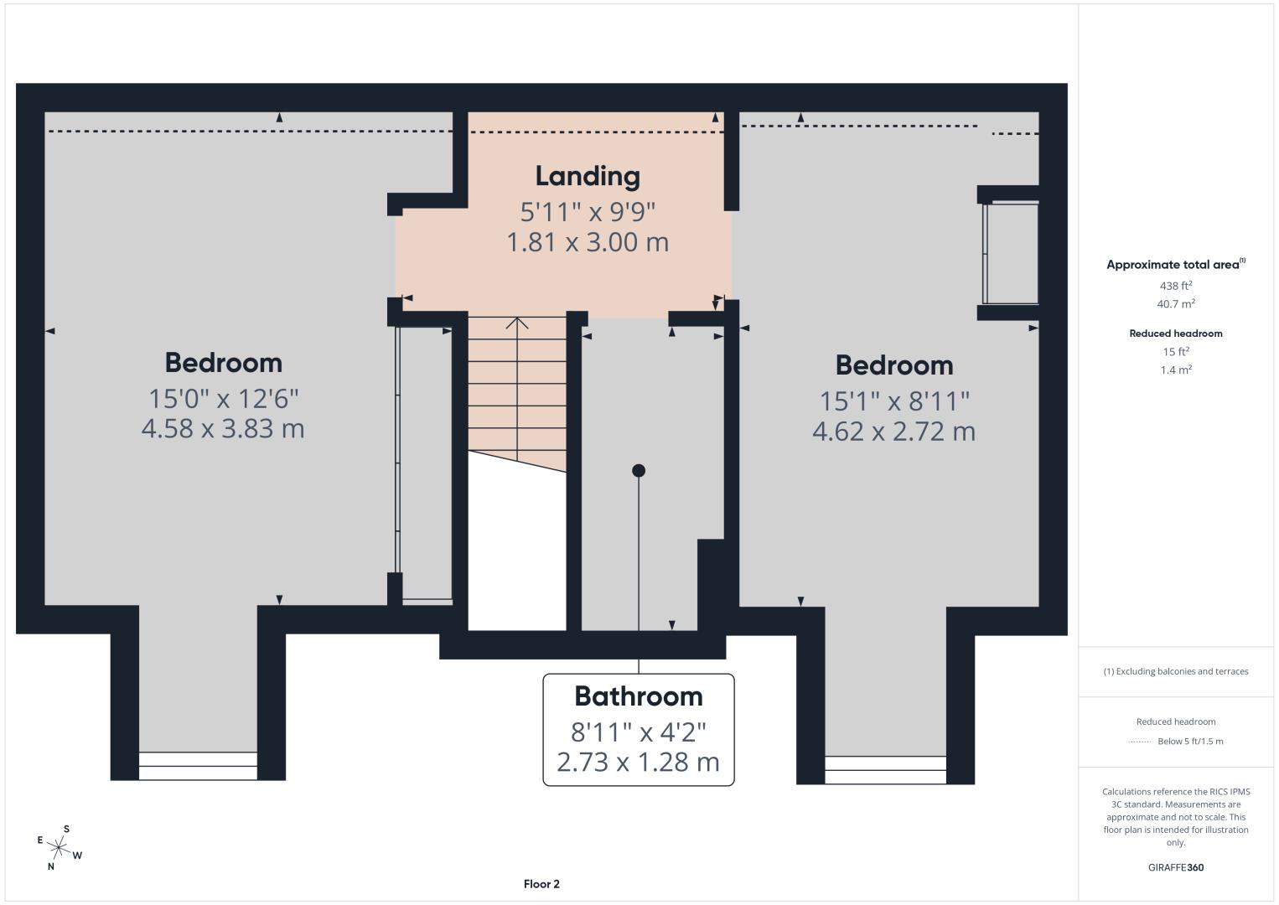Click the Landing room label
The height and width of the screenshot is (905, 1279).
[x=588, y=177]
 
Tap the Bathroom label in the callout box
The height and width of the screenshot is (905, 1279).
[x=639, y=696]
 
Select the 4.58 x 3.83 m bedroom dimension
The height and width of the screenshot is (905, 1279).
[x=223, y=429]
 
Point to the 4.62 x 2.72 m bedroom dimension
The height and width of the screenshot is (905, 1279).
[x=894, y=431]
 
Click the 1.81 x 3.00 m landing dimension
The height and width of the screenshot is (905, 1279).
[x=588, y=242]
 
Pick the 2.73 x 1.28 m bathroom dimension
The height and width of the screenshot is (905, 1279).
[x=639, y=763]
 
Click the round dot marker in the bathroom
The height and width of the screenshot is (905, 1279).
[x=639, y=470]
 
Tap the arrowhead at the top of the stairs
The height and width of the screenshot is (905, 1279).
[x=517, y=323]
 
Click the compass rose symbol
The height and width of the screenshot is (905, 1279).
[x=58, y=848]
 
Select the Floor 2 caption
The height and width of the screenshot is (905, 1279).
[x=541, y=884]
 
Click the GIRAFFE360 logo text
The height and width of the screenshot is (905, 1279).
[x=1176, y=867]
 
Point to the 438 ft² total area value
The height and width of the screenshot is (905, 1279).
[x=1176, y=286]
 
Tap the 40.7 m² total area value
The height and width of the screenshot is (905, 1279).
[x=1176, y=303]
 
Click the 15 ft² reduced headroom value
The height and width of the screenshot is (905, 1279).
[x=1176, y=352]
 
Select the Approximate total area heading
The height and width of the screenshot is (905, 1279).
[x=1176, y=264]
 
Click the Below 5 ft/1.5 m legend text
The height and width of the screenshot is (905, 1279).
[x=1190, y=741]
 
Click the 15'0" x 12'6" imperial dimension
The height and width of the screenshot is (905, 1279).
[x=223, y=399]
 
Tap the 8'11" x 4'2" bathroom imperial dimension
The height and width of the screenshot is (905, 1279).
[x=639, y=732]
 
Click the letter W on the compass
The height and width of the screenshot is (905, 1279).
[x=78, y=856]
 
